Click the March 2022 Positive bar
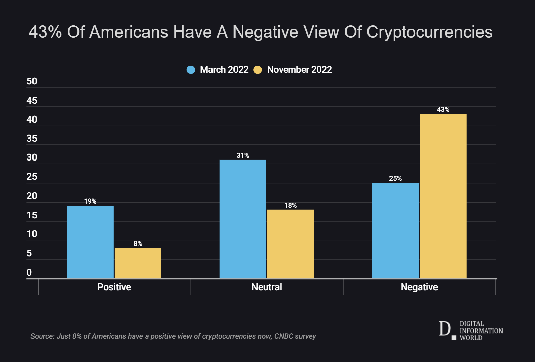tap(90, 242)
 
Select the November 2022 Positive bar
tap(138, 263)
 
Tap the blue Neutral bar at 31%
tap(243, 219)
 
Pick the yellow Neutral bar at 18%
tap(291, 244)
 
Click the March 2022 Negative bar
tap(395, 231)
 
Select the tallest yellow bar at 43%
tap(443, 196)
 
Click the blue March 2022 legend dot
tap(191, 70)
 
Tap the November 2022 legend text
tap(299, 70)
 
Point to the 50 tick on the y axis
tap(32, 82)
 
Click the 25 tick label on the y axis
tap(32, 177)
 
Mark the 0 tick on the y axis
tap(29, 273)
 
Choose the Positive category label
tap(114, 287)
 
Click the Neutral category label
tap(267, 287)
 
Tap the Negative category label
tap(419, 287)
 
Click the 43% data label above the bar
tap(443, 109)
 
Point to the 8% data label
tap(138, 243)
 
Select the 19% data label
tap(90, 201)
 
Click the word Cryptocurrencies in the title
tap(429, 32)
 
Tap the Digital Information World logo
tap(471, 331)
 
